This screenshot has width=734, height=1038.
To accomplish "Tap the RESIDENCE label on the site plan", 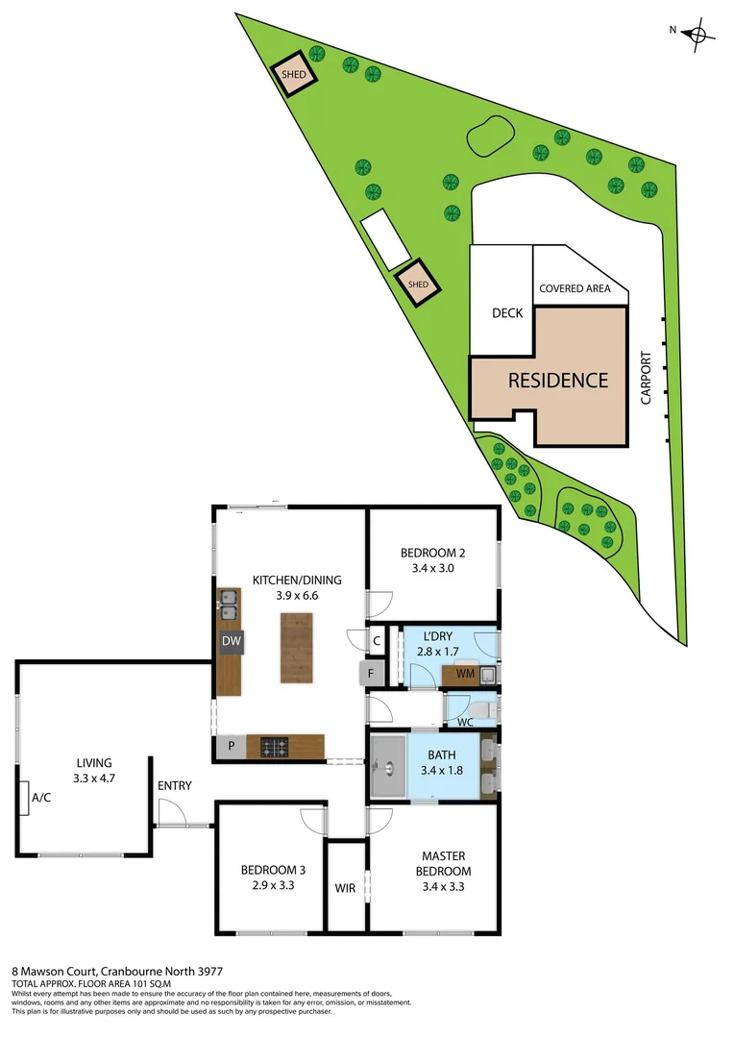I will coord(558,381).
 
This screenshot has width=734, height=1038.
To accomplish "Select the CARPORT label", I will coord(646,378).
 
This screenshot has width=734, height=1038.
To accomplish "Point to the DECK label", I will coord(506,313).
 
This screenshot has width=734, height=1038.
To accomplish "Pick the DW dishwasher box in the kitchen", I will coord(231,641).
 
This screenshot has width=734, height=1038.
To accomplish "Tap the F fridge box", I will coord(370,673).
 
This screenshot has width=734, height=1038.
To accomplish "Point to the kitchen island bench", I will coord(297,648).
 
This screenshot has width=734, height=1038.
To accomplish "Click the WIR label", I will coord(346,888).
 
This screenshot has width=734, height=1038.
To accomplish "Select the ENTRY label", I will coord(175,786).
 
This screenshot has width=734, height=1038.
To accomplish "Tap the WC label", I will coord(465,721).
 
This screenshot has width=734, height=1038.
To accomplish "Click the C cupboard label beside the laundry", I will coord(377,639).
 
